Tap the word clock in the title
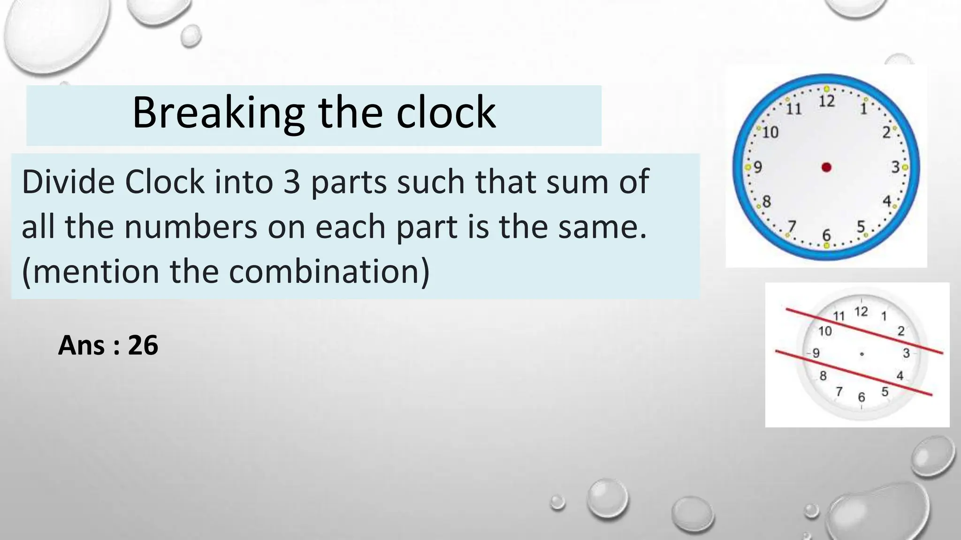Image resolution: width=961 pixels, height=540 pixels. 446,113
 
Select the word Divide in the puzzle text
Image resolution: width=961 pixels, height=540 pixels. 66,182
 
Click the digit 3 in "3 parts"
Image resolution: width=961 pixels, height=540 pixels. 291,182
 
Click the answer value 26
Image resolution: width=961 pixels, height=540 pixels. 143,345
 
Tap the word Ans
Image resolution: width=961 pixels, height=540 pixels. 81,345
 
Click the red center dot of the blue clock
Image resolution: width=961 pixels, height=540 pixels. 826,167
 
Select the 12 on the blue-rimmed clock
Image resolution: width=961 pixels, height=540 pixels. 827,101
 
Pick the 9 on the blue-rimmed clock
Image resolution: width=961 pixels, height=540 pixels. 757,167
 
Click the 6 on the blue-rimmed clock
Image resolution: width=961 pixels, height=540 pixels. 826,234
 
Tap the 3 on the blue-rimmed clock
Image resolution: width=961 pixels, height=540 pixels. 895,167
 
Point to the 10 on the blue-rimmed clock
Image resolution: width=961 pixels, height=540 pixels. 770,133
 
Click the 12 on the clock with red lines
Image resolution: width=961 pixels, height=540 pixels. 861,311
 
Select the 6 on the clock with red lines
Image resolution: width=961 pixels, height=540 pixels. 862,397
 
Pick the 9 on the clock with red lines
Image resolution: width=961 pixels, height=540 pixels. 816,353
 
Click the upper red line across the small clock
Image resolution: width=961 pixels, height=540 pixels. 864,330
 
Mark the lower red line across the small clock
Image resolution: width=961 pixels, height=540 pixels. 853,373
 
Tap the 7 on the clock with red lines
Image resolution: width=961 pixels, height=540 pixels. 839,391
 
